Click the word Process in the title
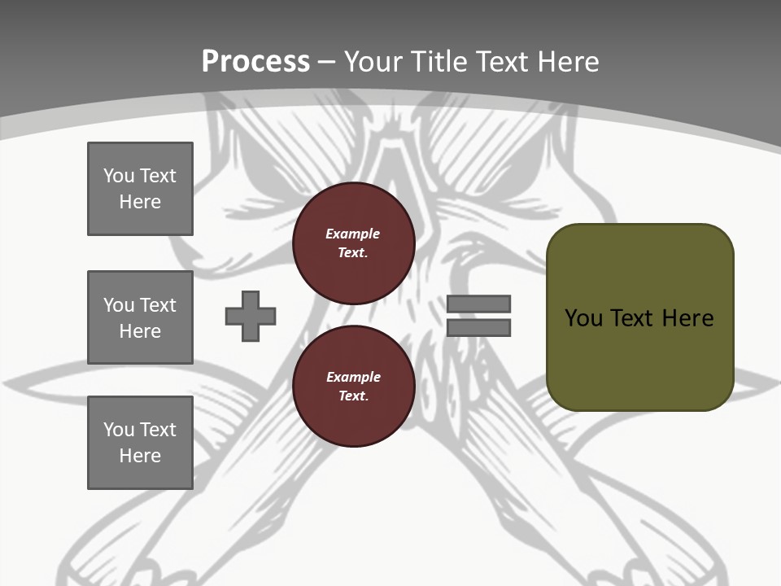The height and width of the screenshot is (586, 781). pos(255,62)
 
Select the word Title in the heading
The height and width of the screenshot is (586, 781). pos(438,62)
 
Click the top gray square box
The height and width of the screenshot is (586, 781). pos(140,189)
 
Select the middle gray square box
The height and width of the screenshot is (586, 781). pos(140,317)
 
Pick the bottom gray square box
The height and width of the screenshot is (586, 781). pos(140,443)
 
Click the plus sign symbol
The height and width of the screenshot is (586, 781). pos(251,316)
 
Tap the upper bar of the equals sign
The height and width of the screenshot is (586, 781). pos(478,304)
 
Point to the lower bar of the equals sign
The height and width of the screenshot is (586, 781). pos(478,328)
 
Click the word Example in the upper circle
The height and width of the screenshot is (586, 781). pos(352,234)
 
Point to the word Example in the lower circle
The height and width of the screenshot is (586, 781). pos(353,377)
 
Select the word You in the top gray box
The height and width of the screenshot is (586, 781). pos(118,176)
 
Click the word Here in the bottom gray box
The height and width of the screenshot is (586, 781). pos(140,456)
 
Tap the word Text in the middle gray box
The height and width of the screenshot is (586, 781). pos(159,305)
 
